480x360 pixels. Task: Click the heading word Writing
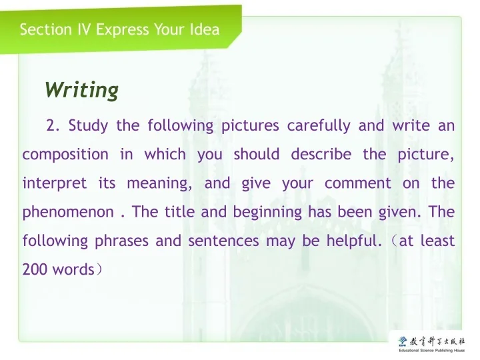point(81,89)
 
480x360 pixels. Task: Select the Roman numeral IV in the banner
point(83,29)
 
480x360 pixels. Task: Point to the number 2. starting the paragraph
point(53,125)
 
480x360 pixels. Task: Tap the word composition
point(65,154)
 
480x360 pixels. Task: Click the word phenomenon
point(68,213)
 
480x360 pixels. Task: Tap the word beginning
point(270,213)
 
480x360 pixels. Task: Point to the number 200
point(33,270)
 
